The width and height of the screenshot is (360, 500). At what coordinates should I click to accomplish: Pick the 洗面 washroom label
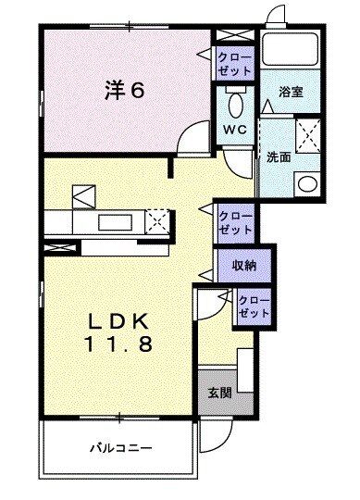tap(279, 157)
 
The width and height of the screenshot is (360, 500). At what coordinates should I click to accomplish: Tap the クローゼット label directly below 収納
tap(254, 306)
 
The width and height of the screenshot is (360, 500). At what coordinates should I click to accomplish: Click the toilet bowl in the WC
tap(235, 100)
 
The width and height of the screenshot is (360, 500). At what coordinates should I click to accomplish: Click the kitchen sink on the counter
tap(117, 222)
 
